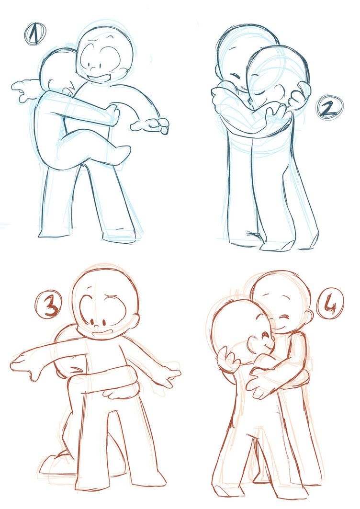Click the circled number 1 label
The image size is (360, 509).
click(34, 34)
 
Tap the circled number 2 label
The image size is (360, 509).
click(330, 108)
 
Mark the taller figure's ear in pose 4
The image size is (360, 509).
click(309, 317)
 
